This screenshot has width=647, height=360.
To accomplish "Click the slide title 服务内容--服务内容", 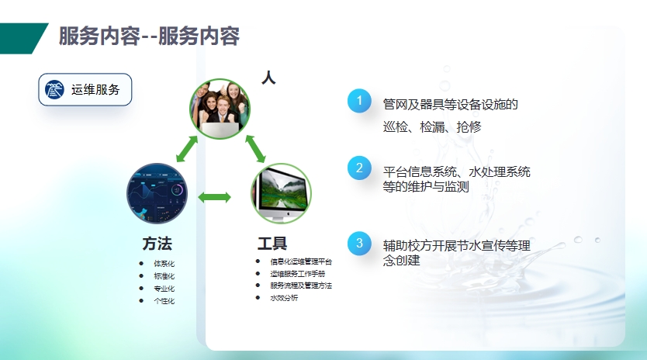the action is click(x=149, y=36).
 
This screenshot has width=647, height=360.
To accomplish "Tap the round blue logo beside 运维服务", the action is click(x=54, y=89).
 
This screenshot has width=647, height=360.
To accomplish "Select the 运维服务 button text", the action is click(x=95, y=89).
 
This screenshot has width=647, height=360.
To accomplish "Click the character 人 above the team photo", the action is click(x=268, y=78).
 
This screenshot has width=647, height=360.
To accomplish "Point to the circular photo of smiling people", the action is click(x=220, y=109).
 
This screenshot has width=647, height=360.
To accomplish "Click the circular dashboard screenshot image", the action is click(x=157, y=193).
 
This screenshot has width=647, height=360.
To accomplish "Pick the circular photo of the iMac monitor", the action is click(x=281, y=193).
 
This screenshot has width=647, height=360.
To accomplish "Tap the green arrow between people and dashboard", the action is click(x=187, y=149).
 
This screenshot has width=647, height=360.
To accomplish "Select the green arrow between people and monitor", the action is click(x=255, y=149).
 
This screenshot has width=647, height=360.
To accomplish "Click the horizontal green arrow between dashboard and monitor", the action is click(x=215, y=197).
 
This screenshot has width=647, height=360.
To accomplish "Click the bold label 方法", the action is click(x=157, y=244).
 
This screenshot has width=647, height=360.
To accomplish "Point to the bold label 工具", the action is click(x=272, y=244).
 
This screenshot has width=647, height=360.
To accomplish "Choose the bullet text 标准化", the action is click(x=164, y=275).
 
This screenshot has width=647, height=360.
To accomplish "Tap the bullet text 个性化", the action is click(x=164, y=301).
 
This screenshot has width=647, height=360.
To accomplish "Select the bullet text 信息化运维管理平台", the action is click(x=301, y=261).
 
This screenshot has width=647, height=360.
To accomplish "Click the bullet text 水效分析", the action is click(x=284, y=298).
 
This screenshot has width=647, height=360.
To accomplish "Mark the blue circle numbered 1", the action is click(x=359, y=101).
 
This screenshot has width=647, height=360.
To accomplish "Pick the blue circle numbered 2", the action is click(x=359, y=168).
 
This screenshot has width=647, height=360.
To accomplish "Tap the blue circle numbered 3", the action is click(x=359, y=243).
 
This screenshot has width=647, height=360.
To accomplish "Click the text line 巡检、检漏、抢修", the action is click(x=432, y=126).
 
